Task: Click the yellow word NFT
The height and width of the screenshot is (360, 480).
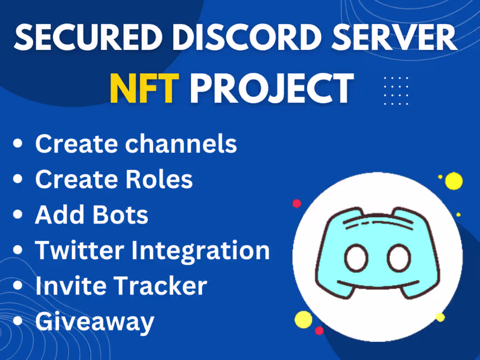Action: click(144, 88)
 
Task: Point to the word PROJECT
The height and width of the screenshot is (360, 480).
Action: click(271, 88)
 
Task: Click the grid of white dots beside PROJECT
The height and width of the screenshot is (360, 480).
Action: click(396, 90)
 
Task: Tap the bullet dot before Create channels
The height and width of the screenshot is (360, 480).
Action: click(18, 144)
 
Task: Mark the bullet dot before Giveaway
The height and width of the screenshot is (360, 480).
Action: click(18, 321)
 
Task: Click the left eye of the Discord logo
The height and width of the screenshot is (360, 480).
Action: click(355, 258)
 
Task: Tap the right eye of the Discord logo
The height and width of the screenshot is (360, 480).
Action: click(398, 258)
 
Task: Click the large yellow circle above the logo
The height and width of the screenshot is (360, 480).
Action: click(454, 181)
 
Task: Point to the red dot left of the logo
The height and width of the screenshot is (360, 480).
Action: click(297, 203)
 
